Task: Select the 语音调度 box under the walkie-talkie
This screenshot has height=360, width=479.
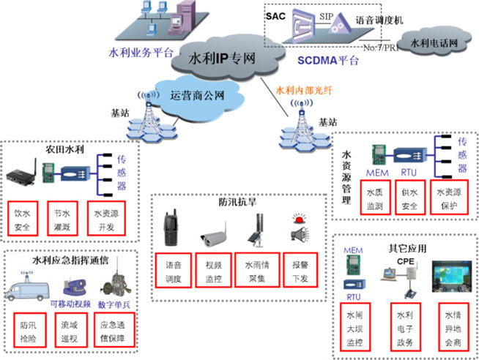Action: point(174,268)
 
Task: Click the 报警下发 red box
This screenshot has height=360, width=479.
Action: point(300,268)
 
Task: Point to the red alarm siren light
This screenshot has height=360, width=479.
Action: point(298,220)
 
